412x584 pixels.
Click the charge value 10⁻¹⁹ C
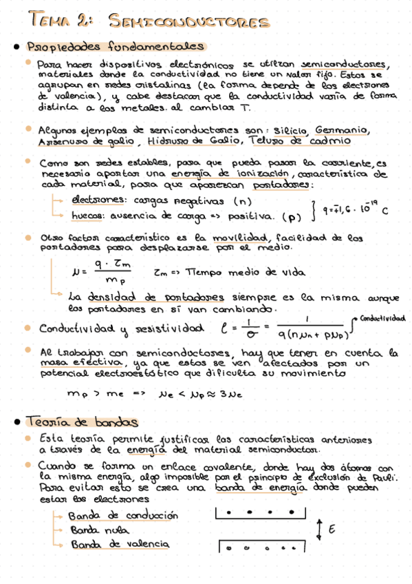click(x=369, y=207)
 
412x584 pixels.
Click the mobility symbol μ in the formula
click(x=74, y=272)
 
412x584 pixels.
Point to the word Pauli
click(x=381, y=475)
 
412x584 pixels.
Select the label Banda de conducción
click(x=124, y=515)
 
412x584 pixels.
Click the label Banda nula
click(x=98, y=530)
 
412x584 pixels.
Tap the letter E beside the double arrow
click(x=333, y=530)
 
